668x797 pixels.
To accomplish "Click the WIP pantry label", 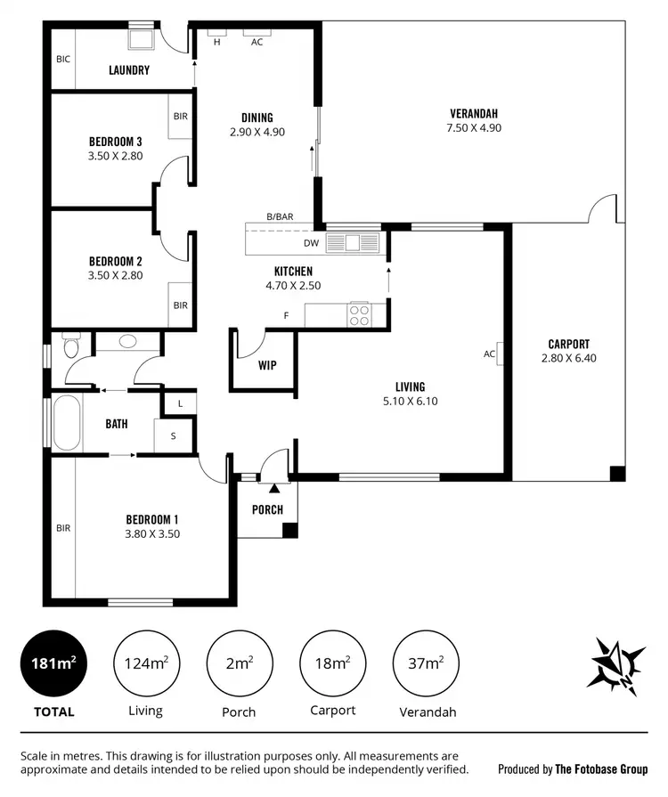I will pyautogui.click(x=267, y=365).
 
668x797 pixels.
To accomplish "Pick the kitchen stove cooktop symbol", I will pyautogui.click(x=360, y=314).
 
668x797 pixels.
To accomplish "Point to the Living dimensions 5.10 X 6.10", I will pyautogui.click(x=410, y=402).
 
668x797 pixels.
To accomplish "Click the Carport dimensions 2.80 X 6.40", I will pyautogui.click(x=569, y=359).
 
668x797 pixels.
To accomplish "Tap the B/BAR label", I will pyautogui.click(x=280, y=216).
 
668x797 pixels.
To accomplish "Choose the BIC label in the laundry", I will pyautogui.click(x=62, y=60).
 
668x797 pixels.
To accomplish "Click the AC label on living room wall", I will pyautogui.click(x=489, y=354).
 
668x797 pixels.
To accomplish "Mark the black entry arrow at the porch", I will pyautogui.click(x=274, y=487).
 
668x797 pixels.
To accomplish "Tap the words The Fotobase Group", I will pyautogui.click(x=601, y=769).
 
